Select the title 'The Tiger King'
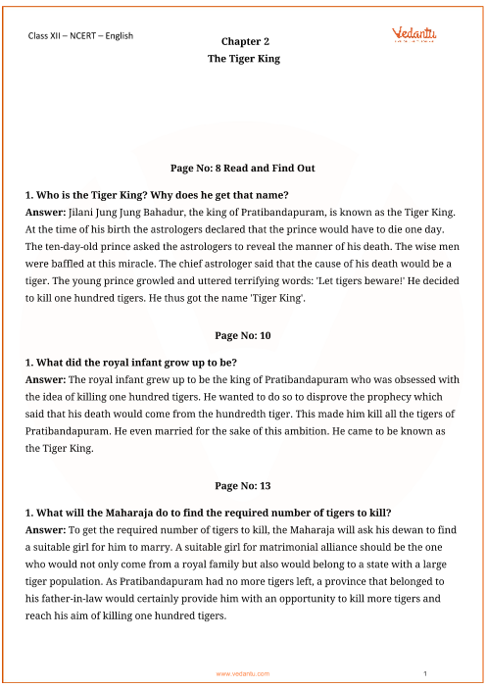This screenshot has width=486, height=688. pos(243,59)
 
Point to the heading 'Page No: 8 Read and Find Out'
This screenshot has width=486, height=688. pos(242,168)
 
